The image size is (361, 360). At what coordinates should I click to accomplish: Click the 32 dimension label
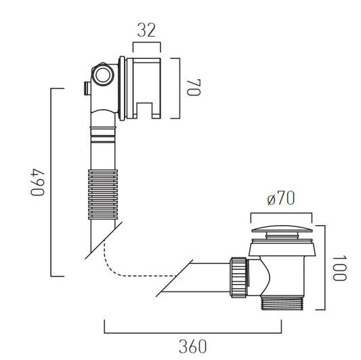coord(146,31)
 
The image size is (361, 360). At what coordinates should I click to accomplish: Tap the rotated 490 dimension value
coord(37,182)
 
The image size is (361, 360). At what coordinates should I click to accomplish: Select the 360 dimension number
coord(193,346)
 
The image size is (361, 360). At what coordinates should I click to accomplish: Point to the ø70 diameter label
coord(281,199)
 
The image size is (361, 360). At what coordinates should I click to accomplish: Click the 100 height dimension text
coord(339,268)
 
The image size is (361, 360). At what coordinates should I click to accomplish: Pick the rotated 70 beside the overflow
coord(194,87)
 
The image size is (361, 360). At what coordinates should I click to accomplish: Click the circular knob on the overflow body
coord(103,75)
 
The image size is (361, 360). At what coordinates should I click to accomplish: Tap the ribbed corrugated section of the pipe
coord(103,195)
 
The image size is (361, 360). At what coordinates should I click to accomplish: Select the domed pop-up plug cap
coord(282,229)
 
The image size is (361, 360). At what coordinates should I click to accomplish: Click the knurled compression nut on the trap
coord(238,277)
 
